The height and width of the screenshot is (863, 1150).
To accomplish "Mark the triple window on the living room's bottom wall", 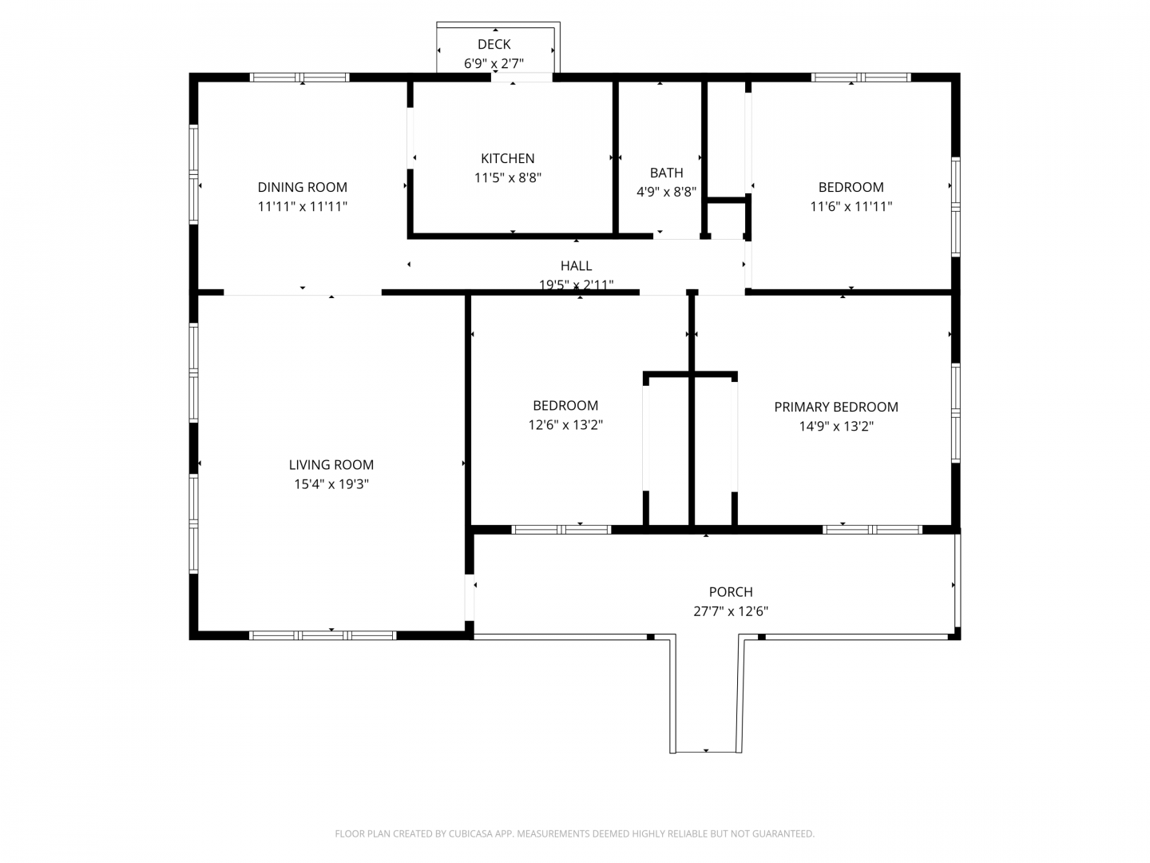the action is [322, 635].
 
